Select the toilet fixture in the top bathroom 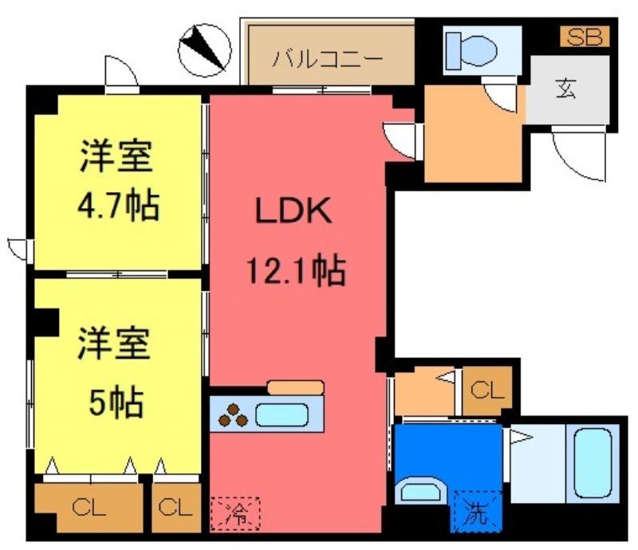[x=471, y=49]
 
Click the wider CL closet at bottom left [x=89, y=507]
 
